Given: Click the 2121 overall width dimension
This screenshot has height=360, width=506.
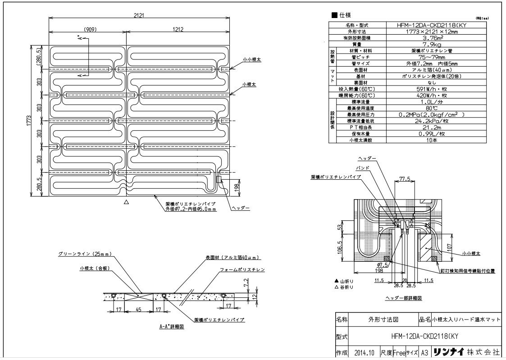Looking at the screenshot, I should click(x=139, y=15).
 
